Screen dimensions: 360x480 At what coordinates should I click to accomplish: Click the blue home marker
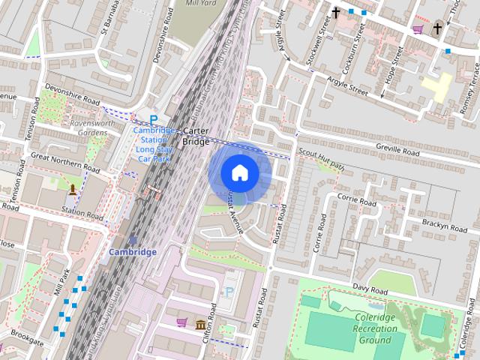coord(239,173)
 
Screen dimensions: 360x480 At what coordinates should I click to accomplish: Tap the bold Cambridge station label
coord(133,252)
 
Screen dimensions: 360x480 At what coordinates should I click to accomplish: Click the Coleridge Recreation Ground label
coord(373,328)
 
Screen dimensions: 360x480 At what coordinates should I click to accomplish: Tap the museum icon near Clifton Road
coord(201,324)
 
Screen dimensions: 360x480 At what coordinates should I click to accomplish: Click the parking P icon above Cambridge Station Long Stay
coord(154,119)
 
